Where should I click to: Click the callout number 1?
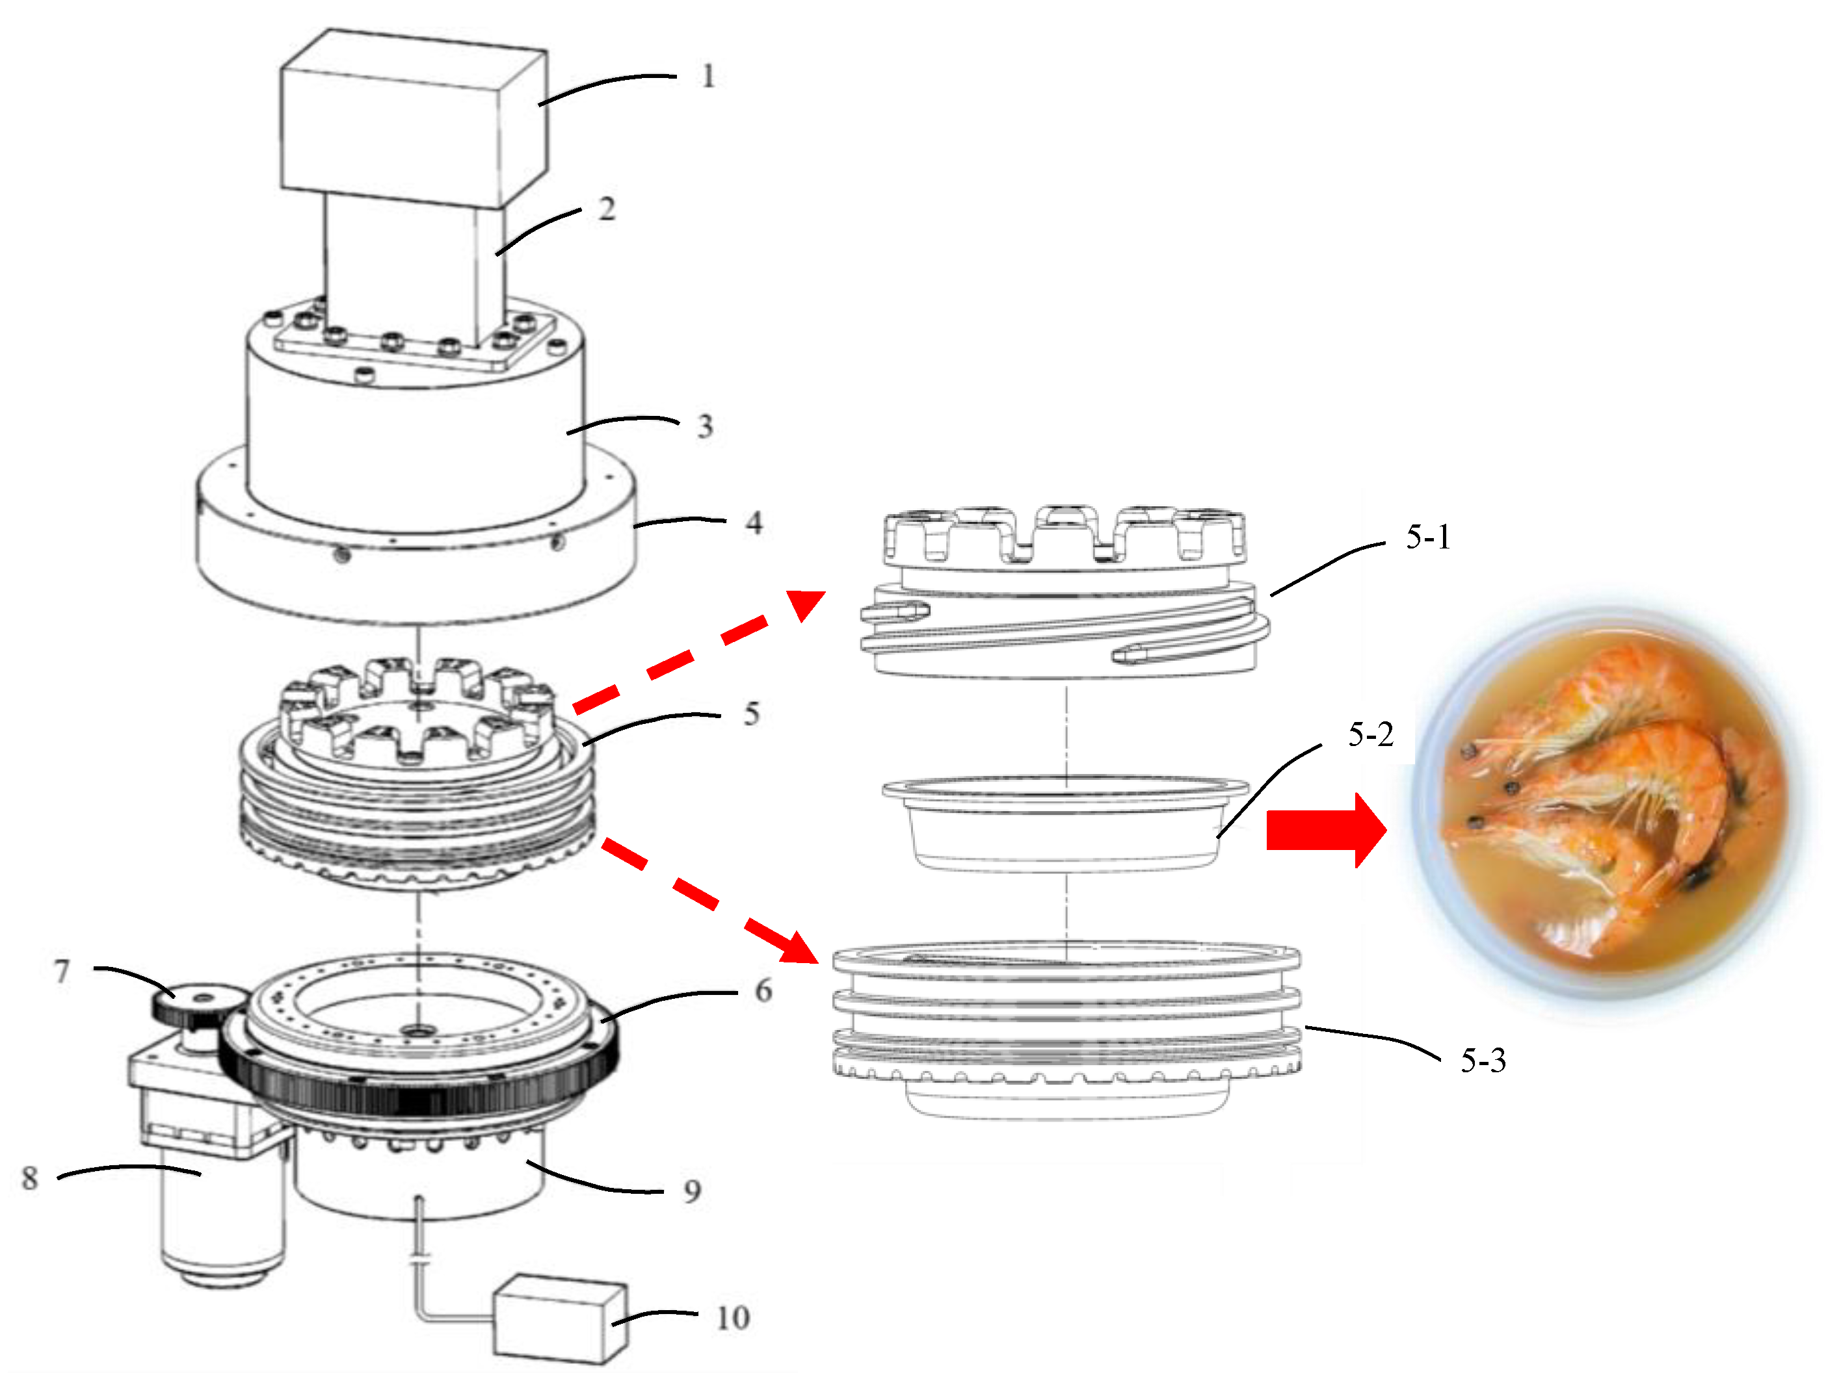tap(707, 76)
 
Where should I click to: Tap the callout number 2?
tap(607, 209)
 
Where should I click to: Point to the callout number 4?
tap(752, 523)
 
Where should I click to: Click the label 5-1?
tap(1427, 537)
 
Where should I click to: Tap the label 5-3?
tap(1482, 1061)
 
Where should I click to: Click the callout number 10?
tap(732, 1317)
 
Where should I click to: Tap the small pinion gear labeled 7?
tap(197, 1003)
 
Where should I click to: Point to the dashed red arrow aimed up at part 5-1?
tap(696, 651)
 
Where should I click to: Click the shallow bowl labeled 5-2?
tap(1065, 825)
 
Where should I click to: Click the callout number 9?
tap(692, 1191)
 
